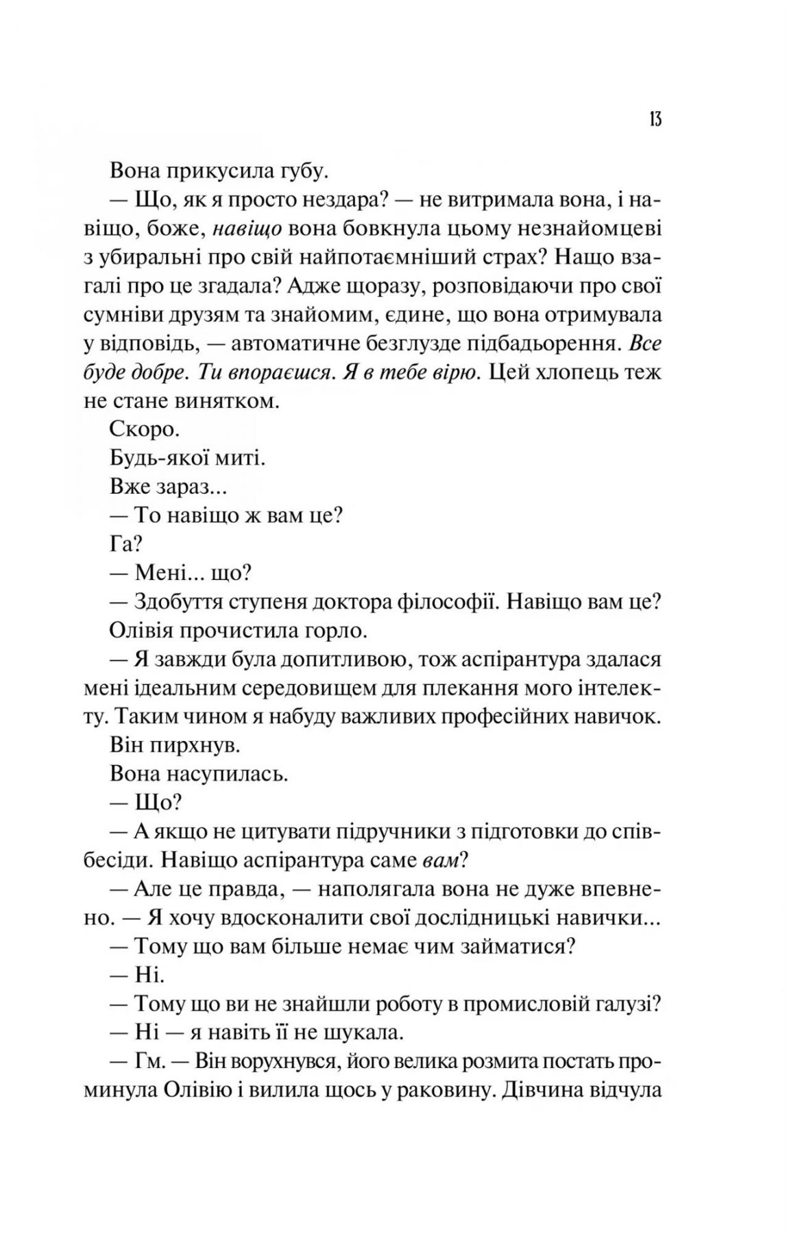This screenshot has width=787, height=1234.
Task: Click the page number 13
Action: pos(653,119)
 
